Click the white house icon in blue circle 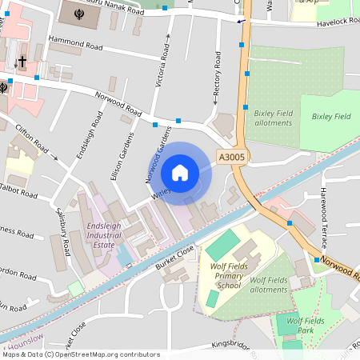[x=180, y=173]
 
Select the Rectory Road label [x=217, y=78]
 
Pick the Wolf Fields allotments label [x=268, y=284]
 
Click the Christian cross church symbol [x=22, y=62]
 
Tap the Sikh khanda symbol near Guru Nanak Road [x=77, y=14]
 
